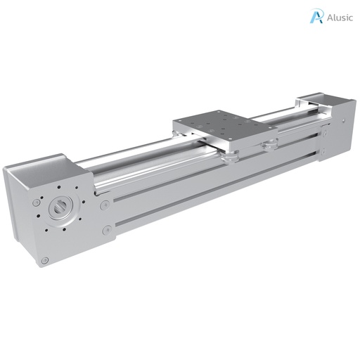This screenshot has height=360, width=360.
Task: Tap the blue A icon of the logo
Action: click(316, 16)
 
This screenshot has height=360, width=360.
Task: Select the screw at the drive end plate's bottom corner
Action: click(45, 260)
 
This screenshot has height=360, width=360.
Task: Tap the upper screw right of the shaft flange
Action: click(104, 205)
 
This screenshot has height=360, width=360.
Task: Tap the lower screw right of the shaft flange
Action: click(107, 230)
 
